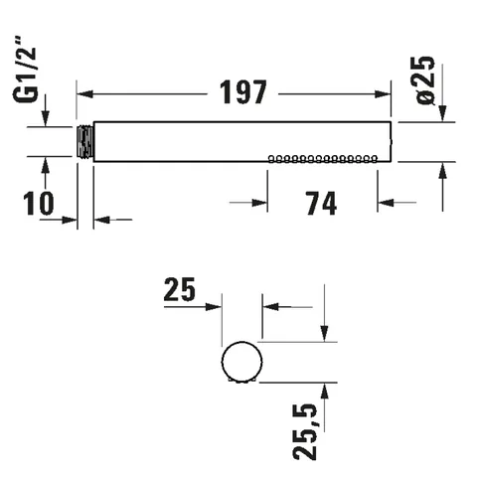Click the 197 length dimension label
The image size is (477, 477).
pyautogui.click(x=243, y=92)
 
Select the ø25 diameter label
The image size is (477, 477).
pyautogui.click(x=422, y=80)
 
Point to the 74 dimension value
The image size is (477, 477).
pyautogui.click(x=321, y=204)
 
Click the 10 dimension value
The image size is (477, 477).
pyautogui.click(x=39, y=204)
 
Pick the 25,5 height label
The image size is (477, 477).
pyautogui.click(x=305, y=431)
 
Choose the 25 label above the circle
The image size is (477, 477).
pyautogui.click(x=180, y=289)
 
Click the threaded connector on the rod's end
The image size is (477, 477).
pyautogui.click(x=85, y=142)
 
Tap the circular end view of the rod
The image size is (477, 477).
pyautogui.click(x=241, y=362)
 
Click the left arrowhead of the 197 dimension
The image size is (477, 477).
pyautogui.click(x=84, y=94)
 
